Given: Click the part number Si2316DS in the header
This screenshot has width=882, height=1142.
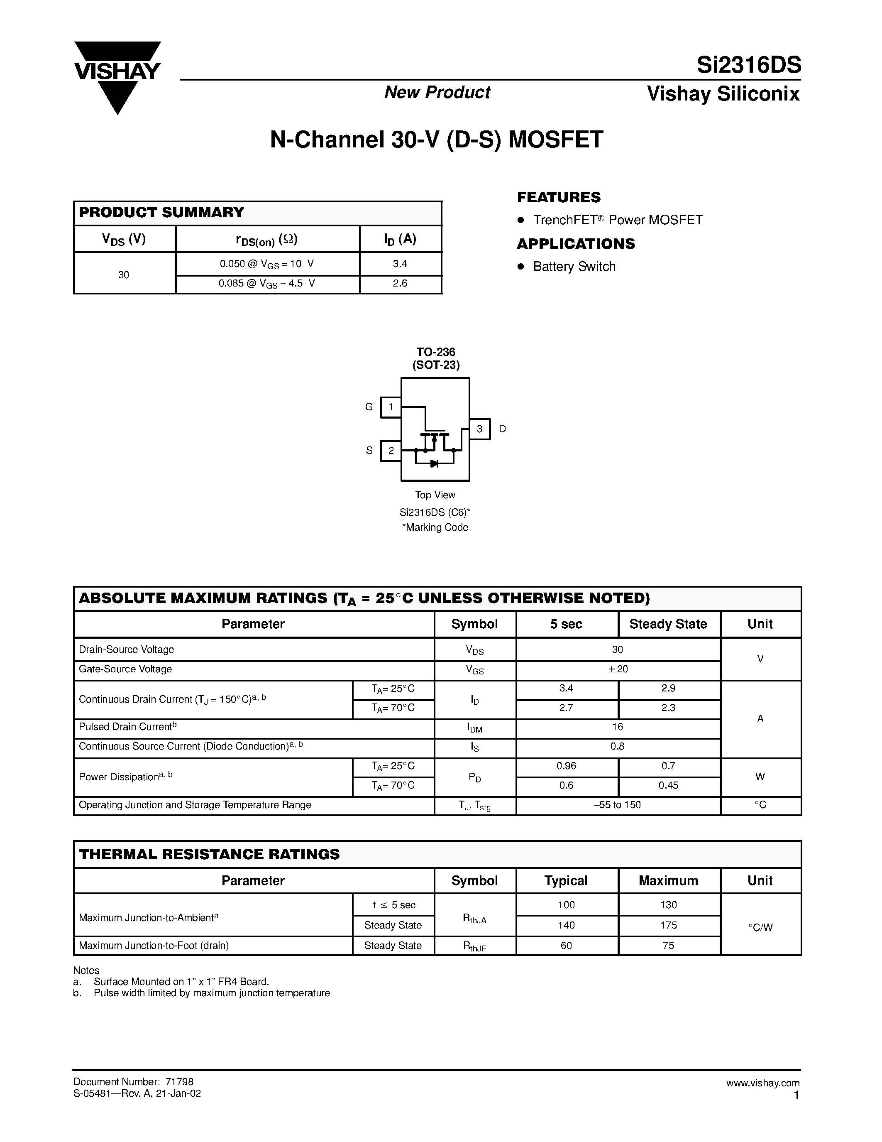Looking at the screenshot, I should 748,66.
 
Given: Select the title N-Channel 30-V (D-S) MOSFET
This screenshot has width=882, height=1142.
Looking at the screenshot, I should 436,140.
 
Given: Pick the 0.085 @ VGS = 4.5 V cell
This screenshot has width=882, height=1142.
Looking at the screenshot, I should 267,284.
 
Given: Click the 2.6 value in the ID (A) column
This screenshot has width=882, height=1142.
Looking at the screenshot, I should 400,283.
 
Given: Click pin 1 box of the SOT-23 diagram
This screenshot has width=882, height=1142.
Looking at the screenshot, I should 390,407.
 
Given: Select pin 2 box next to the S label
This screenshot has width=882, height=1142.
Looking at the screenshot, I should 390,451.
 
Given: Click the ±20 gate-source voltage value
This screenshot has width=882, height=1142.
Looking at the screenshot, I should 618,669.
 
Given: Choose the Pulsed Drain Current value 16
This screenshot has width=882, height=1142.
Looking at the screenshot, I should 618,727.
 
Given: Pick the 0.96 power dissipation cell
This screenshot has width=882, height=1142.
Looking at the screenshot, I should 567,766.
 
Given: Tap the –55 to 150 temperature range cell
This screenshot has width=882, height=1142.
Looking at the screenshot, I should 618,805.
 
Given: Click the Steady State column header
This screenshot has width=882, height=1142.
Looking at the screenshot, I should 668,624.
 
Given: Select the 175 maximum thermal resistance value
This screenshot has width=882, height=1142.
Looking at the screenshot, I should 668,926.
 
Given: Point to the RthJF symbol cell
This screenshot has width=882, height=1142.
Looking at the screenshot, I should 474,946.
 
